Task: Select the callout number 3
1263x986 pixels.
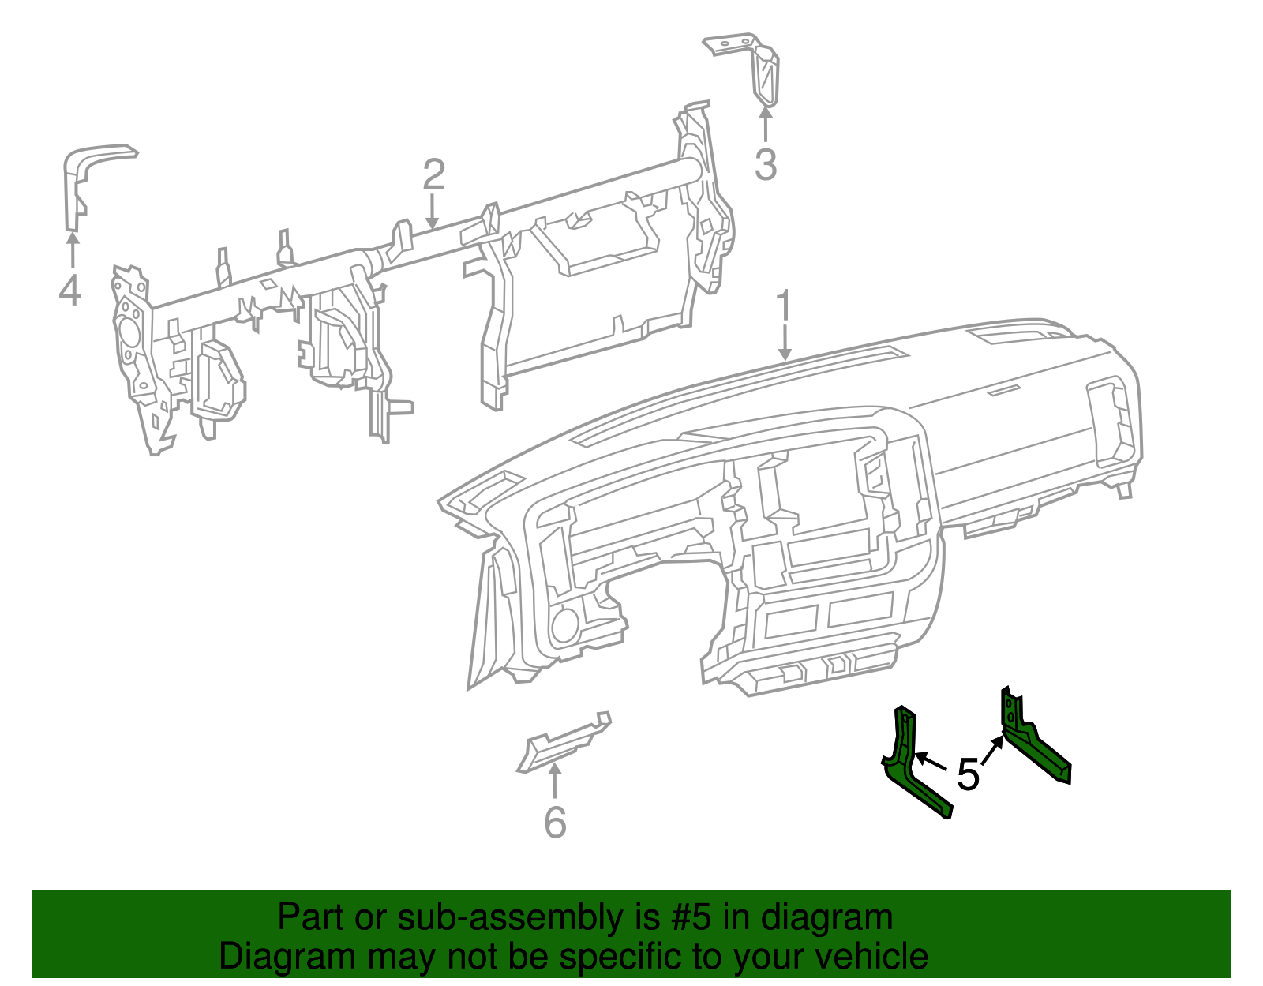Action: pyautogui.click(x=765, y=166)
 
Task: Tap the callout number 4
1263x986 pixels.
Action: pyautogui.click(x=70, y=291)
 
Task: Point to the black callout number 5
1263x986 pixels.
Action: pyautogui.click(x=968, y=774)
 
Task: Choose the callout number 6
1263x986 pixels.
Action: pyautogui.click(x=555, y=823)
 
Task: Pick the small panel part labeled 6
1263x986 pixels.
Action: pyautogui.click(x=563, y=742)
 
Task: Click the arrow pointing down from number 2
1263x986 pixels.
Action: pyautogui.click(x=432, y=213)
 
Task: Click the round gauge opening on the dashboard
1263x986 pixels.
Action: pyautogui.click(x=564, y=626)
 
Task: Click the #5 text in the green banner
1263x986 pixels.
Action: pyautogui.click(x=691, y=918)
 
